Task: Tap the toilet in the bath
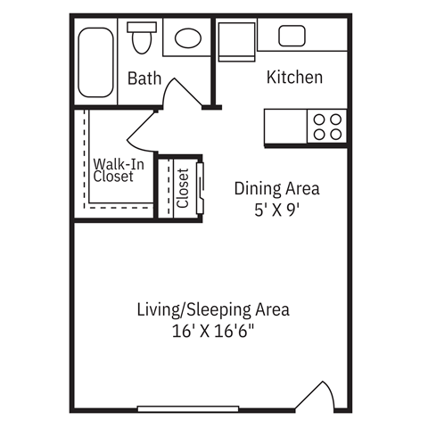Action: click(x=141, y=38)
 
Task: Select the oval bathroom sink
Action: click(x=188, y=38)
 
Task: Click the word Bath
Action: click(x=144, y=78)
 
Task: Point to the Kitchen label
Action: click(x=294, y=78)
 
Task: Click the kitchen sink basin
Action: click(x=292, y=37)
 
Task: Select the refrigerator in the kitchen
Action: click(x=235, y=40)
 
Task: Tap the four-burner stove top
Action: click(x=325, y=126)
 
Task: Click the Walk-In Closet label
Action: click(x=113, y=170)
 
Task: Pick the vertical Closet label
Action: click(x=182, y=188)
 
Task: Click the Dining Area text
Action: click(x=276, y=189)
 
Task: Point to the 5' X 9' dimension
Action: click(x=276, y=212)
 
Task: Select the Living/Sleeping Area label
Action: click(x=213, y=310)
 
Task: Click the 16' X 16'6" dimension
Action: click(x=213, y=332)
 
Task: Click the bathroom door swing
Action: click(x=184, y=95)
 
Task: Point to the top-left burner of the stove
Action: click(x=317, y=118)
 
